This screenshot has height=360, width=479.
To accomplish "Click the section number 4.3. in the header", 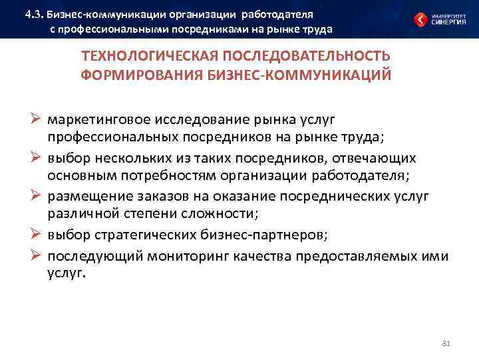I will pos(33,14).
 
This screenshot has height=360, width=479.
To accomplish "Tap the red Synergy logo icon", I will pos(421,19).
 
